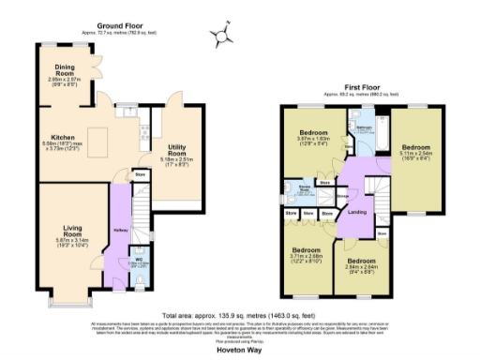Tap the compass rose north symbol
coord(223,37)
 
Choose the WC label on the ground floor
coord(138,258)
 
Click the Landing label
coord(356,212)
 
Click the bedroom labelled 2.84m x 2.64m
coord(361,263)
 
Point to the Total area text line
coord(239,316)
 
